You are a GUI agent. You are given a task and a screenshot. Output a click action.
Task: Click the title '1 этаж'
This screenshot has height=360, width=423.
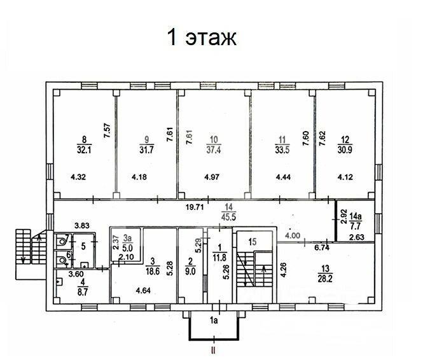coord(202,37)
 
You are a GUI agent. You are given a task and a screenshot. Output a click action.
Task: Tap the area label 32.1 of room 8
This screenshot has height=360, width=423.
coord(81,150)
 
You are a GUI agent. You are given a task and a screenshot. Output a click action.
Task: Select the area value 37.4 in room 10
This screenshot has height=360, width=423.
coord(215,150)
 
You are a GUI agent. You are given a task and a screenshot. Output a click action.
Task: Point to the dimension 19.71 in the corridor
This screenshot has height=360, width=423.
coord(194,207)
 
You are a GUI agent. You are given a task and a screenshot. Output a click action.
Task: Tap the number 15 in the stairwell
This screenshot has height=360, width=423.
coord(253,241)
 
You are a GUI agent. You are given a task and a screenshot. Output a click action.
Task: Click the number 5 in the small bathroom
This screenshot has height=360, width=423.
coord(83,245)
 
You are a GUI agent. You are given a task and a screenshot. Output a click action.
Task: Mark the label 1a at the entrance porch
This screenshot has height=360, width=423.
coord(215,322)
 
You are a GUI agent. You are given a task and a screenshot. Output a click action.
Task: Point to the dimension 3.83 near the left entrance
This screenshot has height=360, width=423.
coord(81,225)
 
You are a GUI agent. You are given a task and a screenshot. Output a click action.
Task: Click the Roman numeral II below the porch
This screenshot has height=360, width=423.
coord(214,350)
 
